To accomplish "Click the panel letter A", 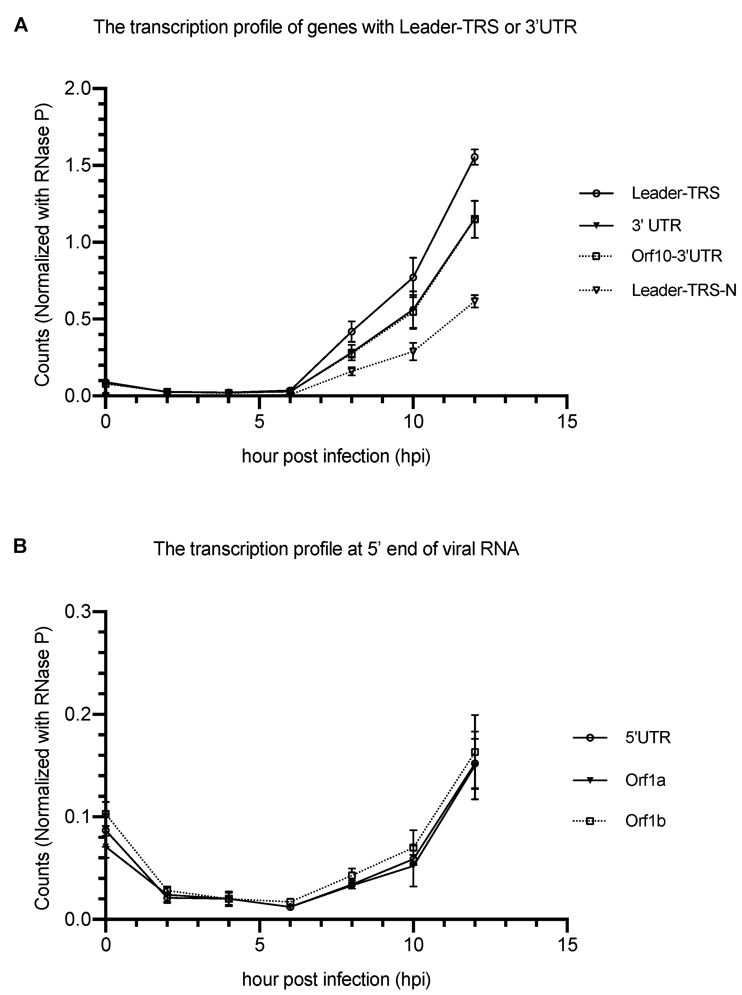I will [x=21, y=26].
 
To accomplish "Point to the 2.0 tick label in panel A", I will [x=80, y=88].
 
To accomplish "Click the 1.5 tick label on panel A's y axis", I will [x=80, y=165].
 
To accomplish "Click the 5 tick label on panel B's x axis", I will [x=259, y=945].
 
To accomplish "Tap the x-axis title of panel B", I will [x=336, y=978].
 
